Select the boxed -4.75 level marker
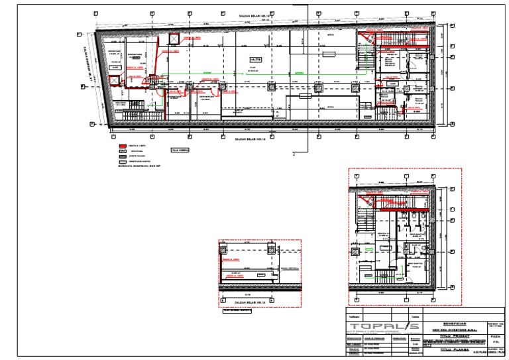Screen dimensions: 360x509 click(256, 60)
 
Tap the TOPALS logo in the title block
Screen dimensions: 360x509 click(376, 326)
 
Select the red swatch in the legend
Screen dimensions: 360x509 click(123, 146)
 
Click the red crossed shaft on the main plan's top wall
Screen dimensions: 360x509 click(175, 39)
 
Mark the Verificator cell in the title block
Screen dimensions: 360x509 click(358, 318)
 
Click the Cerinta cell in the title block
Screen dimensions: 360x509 click(415, 318)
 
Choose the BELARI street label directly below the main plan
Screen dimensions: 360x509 click(253, 141)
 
